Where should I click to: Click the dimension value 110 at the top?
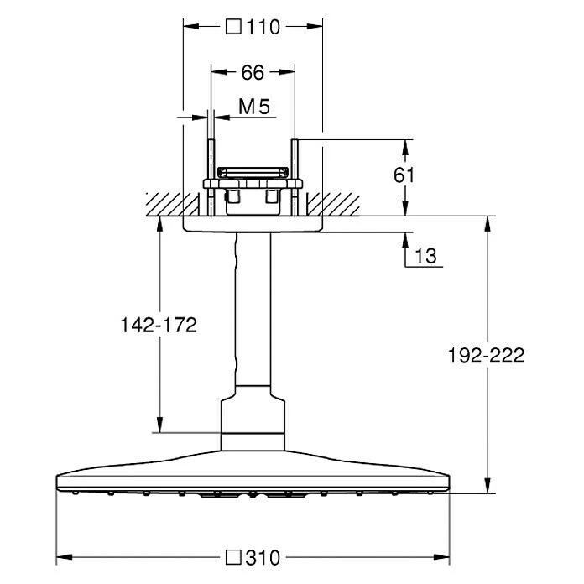point(263,27)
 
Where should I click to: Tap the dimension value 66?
point(253,72)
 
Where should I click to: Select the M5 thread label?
point(254,107)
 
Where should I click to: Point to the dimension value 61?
point(404,175)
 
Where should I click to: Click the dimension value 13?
point(425,256)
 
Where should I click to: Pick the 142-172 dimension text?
point(159,325)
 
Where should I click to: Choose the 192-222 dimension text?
point(486,355)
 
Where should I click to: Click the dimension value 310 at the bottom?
point(263,557)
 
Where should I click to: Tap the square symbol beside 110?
point(233,27)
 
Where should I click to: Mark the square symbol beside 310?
point(233,557)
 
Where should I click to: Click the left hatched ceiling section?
point(173,205)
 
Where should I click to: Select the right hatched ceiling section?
point(333,205)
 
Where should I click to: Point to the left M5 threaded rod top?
point(211,140)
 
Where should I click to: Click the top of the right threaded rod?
point(295,140)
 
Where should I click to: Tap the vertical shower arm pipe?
point(253,309)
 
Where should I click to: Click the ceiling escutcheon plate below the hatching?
point(253,224)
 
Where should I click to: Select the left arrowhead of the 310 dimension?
point(64,557)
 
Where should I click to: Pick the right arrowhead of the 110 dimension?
point(315,27)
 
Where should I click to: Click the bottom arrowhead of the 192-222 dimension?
point(488,485)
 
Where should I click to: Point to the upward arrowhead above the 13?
point(405,241)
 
